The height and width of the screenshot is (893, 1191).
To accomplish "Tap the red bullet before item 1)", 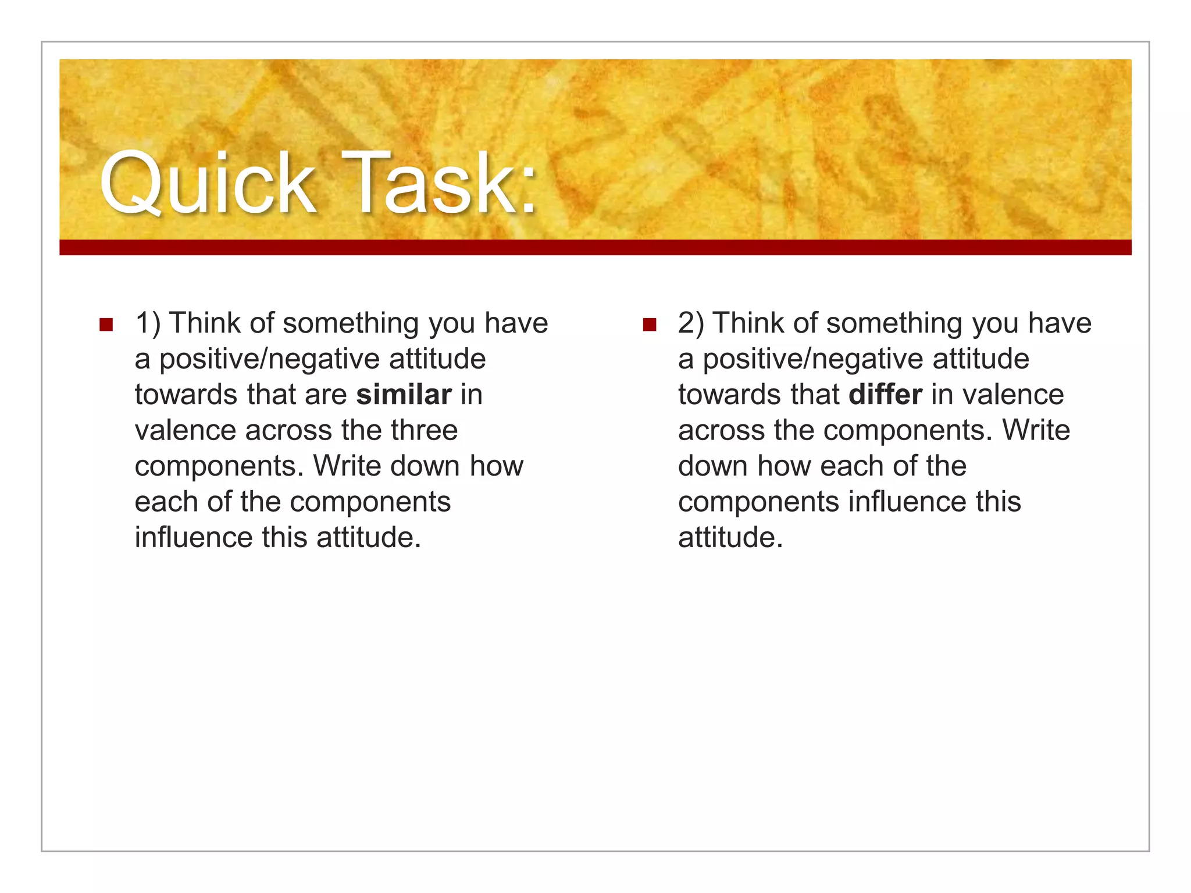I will tap(106, 324).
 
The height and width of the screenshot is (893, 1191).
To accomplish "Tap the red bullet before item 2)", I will tap(649, 324).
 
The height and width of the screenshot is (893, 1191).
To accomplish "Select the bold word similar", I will tap(404, 395).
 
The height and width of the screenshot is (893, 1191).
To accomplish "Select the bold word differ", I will tap(885, 395).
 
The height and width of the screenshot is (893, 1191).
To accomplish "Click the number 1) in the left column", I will tap(148, 323).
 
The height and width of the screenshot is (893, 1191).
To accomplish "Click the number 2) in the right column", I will tap(691, 323).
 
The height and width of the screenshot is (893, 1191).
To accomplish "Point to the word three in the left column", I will tap(425, 431).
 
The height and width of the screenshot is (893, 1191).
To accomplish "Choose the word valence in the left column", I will tap(186, 431).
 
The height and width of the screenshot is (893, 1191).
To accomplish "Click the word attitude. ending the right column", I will tap(730, 538).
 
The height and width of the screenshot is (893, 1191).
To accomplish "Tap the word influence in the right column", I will tap(908, 502).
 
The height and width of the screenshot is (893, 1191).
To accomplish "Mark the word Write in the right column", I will tap(1036, 431).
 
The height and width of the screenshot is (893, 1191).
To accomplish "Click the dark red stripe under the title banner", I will tap(595, 247).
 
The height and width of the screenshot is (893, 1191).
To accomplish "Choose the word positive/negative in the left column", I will tap(270, 359).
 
